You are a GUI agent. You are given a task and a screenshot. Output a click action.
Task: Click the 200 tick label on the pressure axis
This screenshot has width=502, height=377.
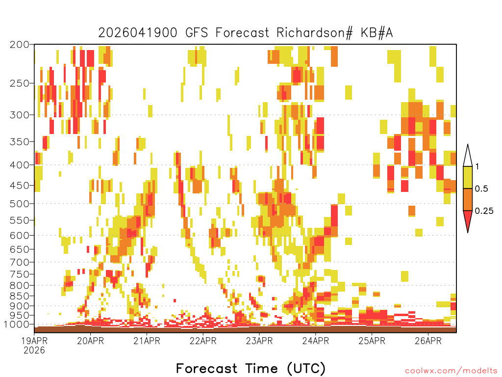pos(19,45)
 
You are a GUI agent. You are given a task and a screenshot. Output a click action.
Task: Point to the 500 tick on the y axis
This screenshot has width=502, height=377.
pos(19,204)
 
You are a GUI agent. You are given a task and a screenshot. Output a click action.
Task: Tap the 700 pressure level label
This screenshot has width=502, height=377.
pos(19,262)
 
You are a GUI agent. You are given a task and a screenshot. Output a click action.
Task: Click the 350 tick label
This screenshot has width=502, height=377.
pos(19,142)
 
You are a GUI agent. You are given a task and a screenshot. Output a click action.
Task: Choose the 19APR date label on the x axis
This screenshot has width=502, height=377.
pos(34,341)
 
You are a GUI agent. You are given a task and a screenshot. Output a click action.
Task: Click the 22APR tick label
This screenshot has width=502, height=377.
pos(203,341)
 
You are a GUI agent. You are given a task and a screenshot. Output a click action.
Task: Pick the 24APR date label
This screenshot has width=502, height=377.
pos(315,341)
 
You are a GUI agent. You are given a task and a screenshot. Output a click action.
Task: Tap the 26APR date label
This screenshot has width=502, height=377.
pos(428,341)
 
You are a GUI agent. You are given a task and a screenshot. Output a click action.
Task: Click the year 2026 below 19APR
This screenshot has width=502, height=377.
pos(34,350)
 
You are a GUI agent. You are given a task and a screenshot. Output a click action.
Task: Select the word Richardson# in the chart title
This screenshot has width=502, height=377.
pos(315,33)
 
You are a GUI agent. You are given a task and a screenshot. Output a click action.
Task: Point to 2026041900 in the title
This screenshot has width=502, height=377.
pos(138,33)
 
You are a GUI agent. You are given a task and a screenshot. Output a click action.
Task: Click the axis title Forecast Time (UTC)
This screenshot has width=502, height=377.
pos(251,369)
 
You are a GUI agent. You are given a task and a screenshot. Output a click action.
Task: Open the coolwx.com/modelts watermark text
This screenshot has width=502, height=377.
pos(451,371)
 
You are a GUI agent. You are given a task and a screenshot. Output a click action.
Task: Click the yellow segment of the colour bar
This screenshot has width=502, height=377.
pos(468,177)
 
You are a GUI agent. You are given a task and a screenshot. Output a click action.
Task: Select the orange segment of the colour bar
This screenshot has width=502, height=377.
pos(468,199)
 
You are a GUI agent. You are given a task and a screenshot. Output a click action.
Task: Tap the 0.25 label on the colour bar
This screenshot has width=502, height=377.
pos(484,211)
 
